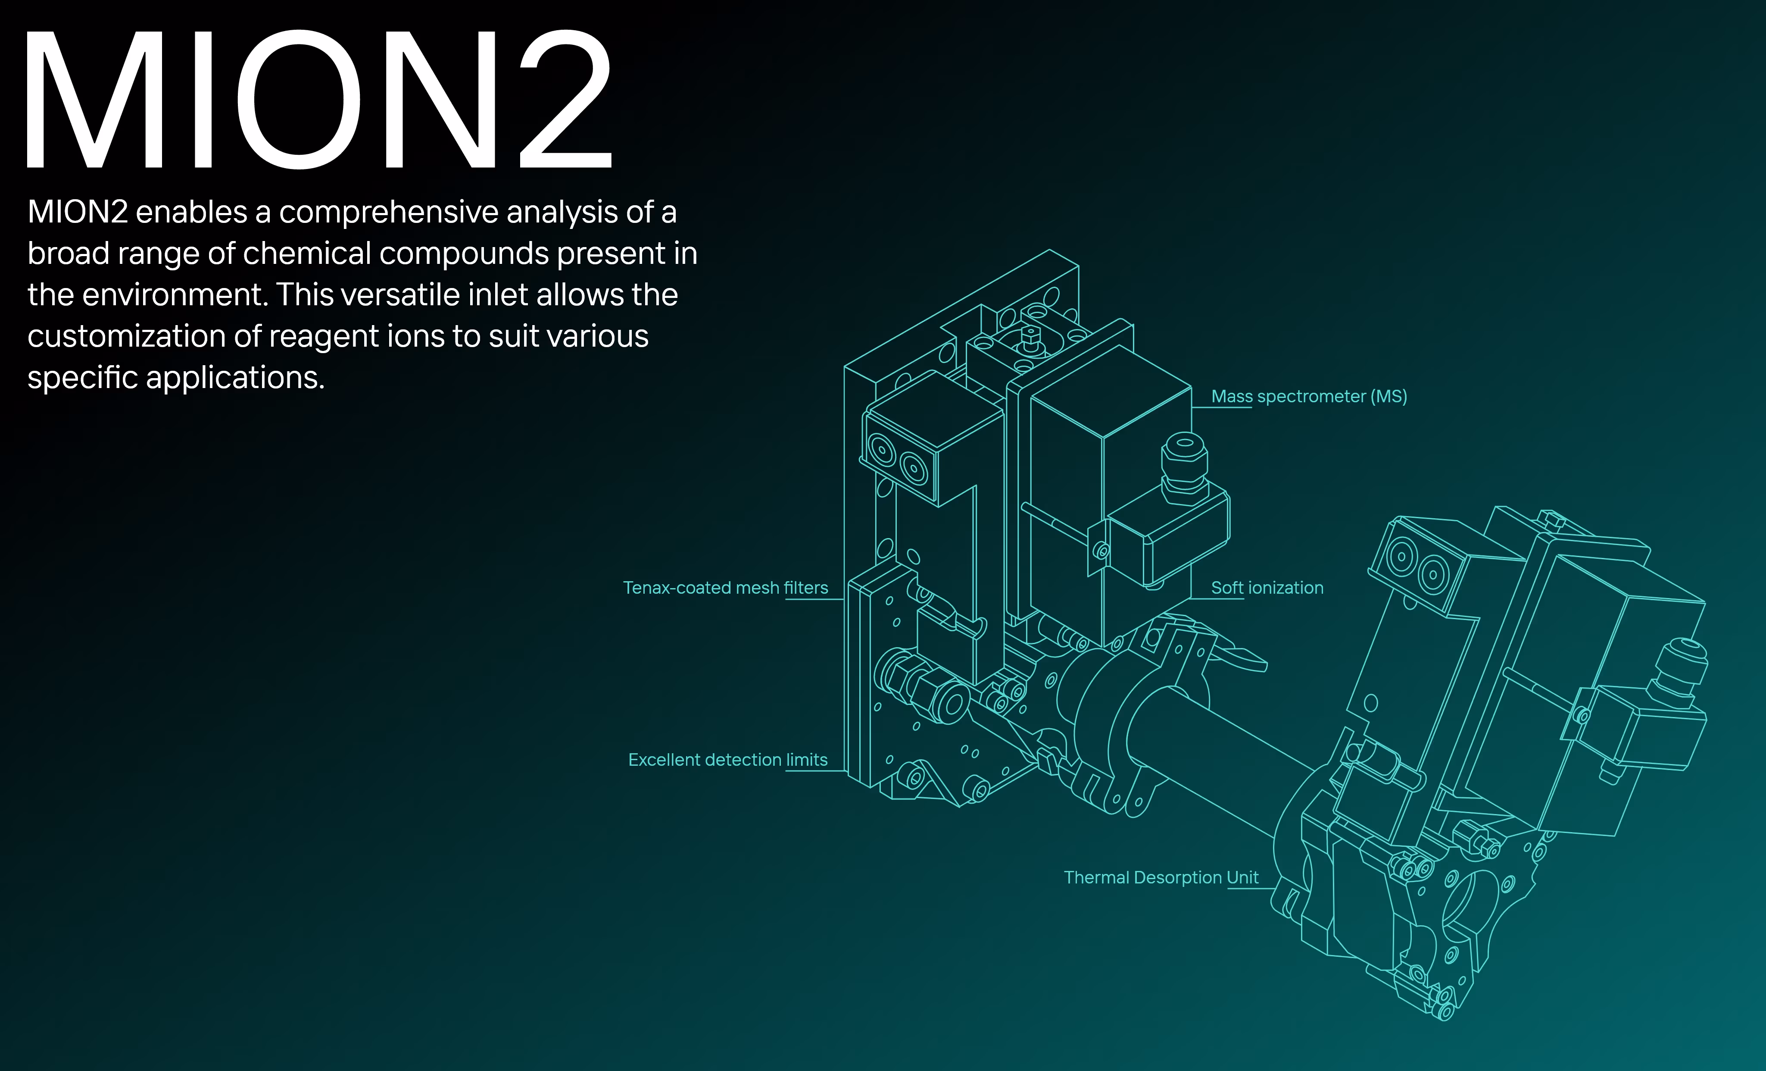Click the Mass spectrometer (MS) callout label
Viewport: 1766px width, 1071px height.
(x=1309, y=396)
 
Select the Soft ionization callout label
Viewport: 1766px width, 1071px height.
(x=1267, y=588)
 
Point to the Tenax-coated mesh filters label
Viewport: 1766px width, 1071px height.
(x=725, y=588)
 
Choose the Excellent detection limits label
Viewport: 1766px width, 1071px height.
(x=727, y=760)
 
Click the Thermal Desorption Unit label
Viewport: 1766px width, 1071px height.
(x=1161, y=877)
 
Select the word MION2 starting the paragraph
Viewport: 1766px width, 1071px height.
(x=78, y=212)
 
